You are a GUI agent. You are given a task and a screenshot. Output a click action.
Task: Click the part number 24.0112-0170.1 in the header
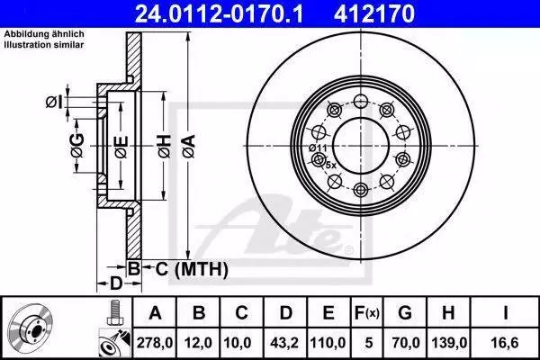220,13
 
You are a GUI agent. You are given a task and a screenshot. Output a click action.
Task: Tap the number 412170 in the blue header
374,13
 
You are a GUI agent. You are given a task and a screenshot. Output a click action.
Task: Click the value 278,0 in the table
155,343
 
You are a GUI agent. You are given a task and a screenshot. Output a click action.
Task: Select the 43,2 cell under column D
284,343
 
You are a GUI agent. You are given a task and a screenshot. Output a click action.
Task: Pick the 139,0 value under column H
449,343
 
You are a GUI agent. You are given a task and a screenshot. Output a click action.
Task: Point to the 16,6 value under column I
505,343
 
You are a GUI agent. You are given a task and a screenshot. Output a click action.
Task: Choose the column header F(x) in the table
367,313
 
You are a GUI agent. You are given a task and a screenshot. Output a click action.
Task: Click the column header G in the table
405,313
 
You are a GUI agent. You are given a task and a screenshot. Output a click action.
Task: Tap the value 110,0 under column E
328,343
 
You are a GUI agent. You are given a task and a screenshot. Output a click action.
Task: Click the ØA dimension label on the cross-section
189,147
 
